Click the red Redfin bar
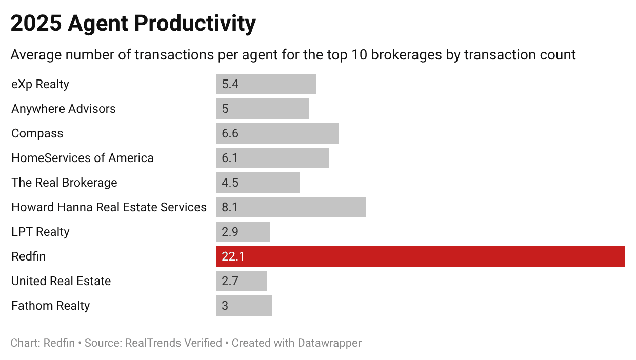pyautogui.click(x=421, y=256)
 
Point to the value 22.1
pyautogui.click(x=233, y=256)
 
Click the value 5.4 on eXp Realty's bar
pyautogui.click(x=230, y=84)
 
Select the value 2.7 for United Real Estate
pyautogui.click(x=230, y=281)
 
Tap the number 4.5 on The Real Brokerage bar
pyautogui.click(x=230, y=183)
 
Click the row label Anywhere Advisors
pyautogui.click(x=64, y=109)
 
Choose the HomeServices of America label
pyautogui.click(x=83, y=158)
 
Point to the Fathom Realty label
pyautogui.click(x=51, y=306)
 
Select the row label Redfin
pyautogui.click(x=29, y=256)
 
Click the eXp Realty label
pyautogui.click(x=40, y=84)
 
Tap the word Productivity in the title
pyautogui.click(x=196, y=24)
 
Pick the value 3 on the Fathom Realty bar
pyautogui.click(x=225, y=306)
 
